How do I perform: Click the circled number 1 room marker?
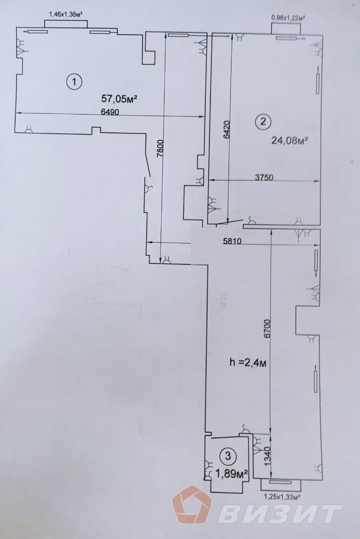pyautogui.click(x=74, y=82)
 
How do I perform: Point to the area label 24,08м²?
pyautogui.click(x=290, y=140)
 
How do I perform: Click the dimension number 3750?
pyautogui.click(x=264, y=178)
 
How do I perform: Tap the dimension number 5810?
pyautogui.click(x=232, y=242)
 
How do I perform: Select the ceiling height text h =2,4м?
pyautogui.click(x=245, y=363)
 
